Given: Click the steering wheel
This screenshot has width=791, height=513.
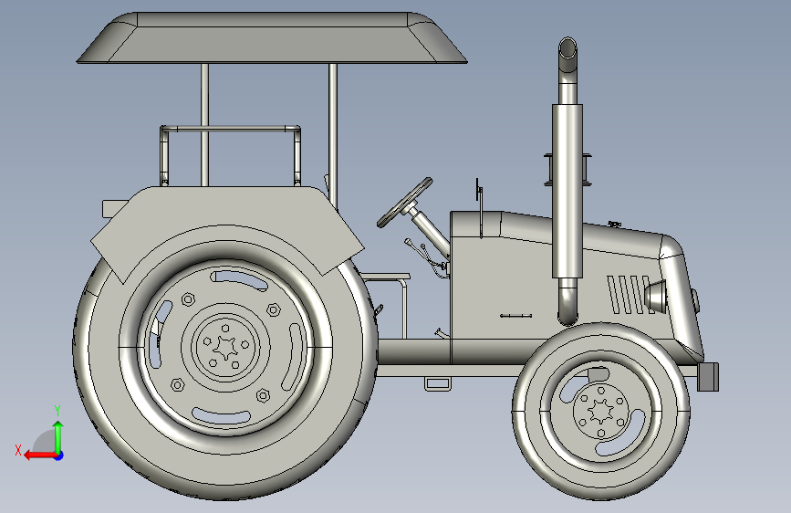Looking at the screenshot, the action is pos(404,203).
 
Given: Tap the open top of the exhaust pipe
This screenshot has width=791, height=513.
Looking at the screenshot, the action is pos(567,48).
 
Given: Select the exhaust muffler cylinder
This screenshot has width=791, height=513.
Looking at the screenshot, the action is pos(567,192).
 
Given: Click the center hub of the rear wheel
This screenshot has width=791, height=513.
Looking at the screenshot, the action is pos(225,347).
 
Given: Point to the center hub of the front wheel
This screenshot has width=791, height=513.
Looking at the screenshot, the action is pos(601,410).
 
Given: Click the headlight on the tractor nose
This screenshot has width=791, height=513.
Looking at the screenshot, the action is pos(655,297).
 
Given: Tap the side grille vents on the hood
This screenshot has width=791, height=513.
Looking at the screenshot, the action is pos(629,295).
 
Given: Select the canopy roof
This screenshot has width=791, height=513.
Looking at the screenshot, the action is pos(272,38).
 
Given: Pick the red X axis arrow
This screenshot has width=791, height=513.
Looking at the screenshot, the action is pos(41,455).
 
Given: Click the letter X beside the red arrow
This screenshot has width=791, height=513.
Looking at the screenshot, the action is pos(18,450).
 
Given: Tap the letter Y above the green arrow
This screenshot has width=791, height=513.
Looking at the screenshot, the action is pos(57,411).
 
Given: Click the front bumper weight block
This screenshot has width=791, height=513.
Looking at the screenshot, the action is pos(708,377).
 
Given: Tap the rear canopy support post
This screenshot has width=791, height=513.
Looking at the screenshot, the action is pos(204,125).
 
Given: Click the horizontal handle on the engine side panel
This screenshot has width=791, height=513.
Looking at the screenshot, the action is pos(515,316).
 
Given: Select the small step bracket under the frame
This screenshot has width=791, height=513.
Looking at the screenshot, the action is pos(437,383).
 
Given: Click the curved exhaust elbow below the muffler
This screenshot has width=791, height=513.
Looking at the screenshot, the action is pos(568,302).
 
